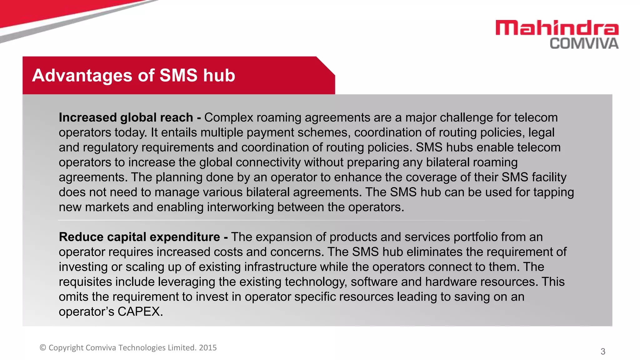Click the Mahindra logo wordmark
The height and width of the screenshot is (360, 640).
tap(557, 28)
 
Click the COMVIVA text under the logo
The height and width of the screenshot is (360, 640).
tap(584, 44)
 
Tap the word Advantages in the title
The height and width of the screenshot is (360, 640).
tap(82, 76)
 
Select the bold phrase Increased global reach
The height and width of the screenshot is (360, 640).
tap(126, 117)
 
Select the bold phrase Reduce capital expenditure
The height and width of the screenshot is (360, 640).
tap(139, 237)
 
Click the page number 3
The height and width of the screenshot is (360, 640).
tap(603, 352)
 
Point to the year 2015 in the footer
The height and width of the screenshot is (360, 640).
tap(208, 348)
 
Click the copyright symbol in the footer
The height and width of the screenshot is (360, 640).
tap(43, 348)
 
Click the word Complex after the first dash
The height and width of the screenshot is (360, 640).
tap(228, 117)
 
